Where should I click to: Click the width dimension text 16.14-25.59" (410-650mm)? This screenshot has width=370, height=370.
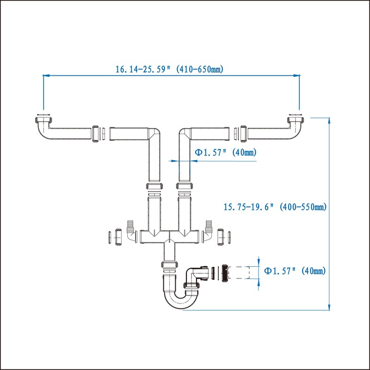point(169,69)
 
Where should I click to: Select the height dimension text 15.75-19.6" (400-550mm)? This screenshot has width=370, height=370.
point(275,207)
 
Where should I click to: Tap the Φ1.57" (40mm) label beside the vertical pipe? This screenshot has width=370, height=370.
point(225,152)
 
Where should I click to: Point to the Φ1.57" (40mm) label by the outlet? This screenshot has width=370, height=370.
point(295,271)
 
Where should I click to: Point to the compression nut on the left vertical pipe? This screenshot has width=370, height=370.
point(154,186)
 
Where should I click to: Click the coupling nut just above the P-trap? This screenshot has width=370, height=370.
point(169,265)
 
